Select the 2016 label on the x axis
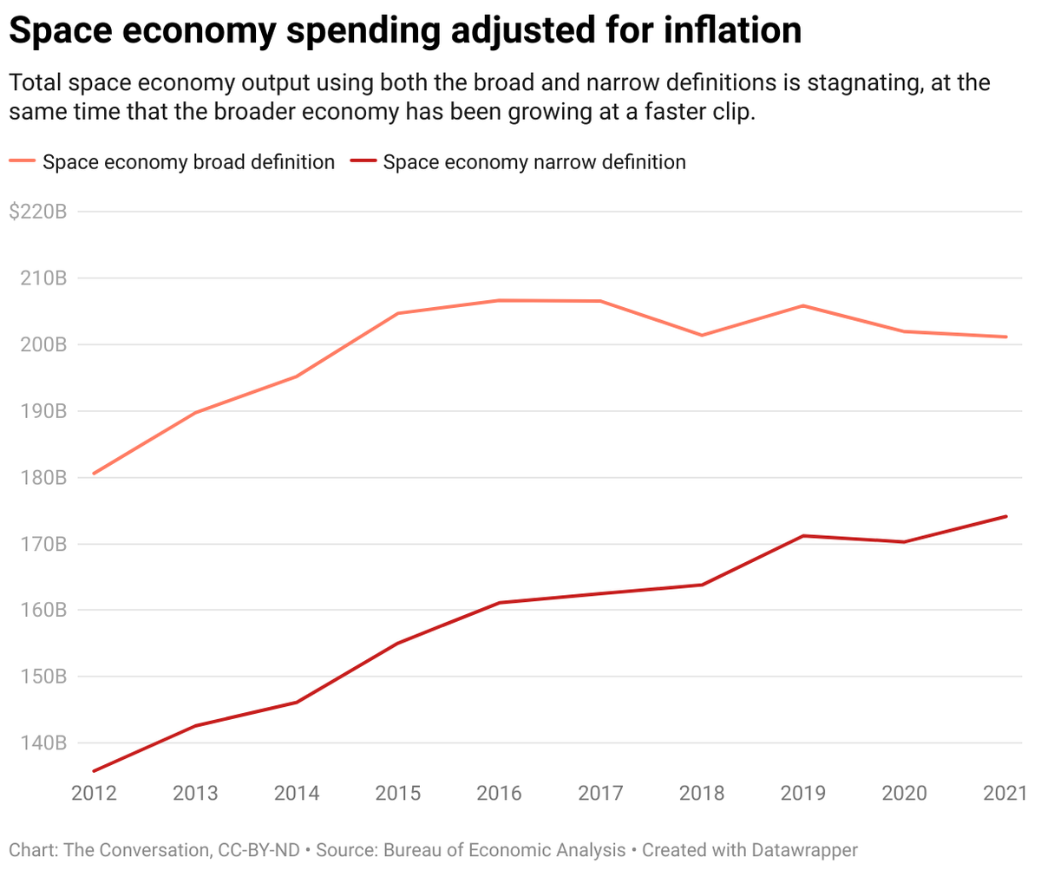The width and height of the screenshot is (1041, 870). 499,794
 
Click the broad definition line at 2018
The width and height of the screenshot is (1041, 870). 702,335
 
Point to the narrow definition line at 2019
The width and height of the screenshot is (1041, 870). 803,536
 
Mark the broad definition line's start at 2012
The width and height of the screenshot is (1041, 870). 94,474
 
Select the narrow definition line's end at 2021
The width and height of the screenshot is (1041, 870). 1006,516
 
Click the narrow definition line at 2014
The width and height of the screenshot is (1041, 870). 297,702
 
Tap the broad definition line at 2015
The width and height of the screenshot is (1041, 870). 397,313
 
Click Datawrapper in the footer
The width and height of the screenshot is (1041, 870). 805,849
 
